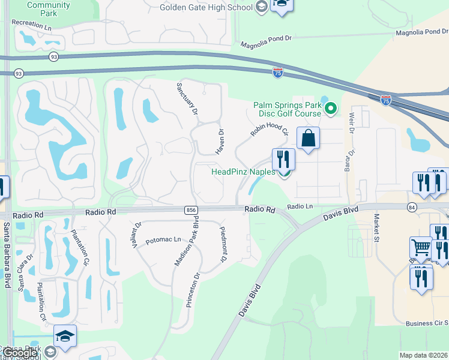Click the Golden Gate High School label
tap(205, 7)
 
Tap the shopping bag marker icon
tap(308, 138)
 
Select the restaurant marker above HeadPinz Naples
tap(284, 159)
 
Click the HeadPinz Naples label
tap(243, 172)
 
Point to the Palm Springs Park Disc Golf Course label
tap(288, 109)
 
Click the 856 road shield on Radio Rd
tap(191, 209)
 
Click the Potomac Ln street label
tap(163, 239)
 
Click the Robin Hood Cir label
tap(270, 124)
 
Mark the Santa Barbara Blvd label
tap(7, 254)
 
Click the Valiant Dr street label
tap(137, 235)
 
